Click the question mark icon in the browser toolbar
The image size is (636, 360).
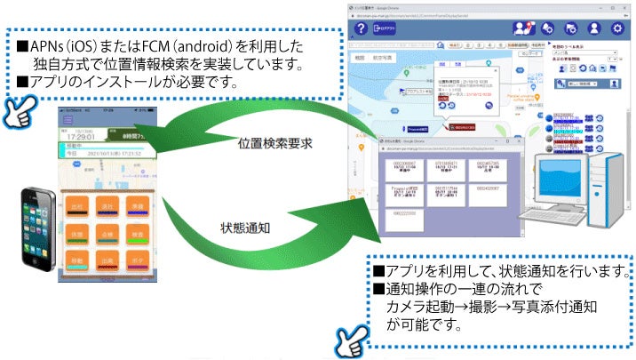click(361, 29)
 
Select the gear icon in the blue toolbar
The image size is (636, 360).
click(617, 29)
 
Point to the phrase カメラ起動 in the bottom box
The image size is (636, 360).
click(417, 308)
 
